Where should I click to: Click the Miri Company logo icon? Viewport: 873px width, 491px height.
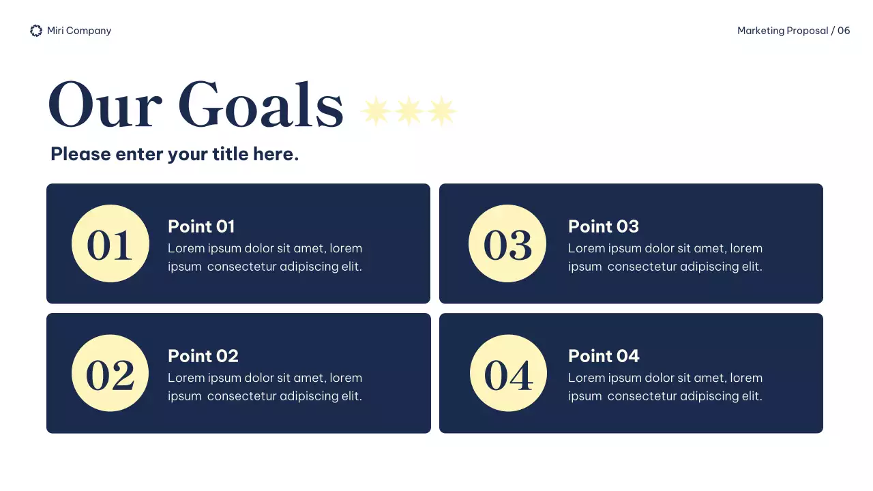tap(36, 31)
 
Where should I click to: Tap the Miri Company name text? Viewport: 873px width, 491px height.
tap(79, 31)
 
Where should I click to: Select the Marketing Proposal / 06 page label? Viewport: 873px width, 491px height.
tap(793, 31)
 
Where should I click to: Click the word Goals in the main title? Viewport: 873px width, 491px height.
tap(261, 106)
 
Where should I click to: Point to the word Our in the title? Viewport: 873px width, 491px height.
tap(104, 106)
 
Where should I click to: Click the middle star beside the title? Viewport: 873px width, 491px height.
tap(409, 110)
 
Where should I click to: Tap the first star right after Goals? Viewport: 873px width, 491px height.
tap(376, 110)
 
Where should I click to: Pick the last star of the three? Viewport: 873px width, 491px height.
tap(441, 110)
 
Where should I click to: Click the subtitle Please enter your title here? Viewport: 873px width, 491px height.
tap(175, 154)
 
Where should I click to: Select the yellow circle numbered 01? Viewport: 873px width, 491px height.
tap(110, 243)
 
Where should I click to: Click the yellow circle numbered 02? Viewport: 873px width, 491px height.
tap(110, 373)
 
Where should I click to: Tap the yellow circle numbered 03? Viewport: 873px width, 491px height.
tap(507, 243)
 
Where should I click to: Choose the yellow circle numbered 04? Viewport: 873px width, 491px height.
tap(508, 373)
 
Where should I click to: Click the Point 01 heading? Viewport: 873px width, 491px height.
tap(201, 226)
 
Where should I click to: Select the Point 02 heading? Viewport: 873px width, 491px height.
tap(203, 356)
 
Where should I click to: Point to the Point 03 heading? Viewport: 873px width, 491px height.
tap(604, 226)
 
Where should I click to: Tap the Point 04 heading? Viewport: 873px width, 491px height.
tap(604, 356)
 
